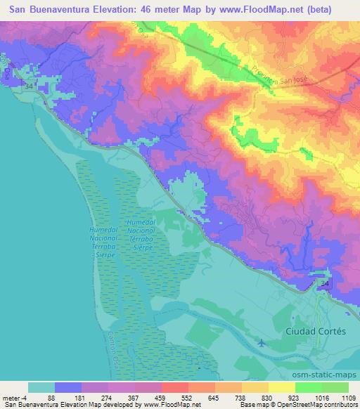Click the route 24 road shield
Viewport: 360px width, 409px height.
point(326,283)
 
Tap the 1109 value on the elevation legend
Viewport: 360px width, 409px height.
point(347,398)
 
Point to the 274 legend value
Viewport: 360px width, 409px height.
point(108,398)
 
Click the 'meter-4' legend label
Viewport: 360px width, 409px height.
point(14,398)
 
